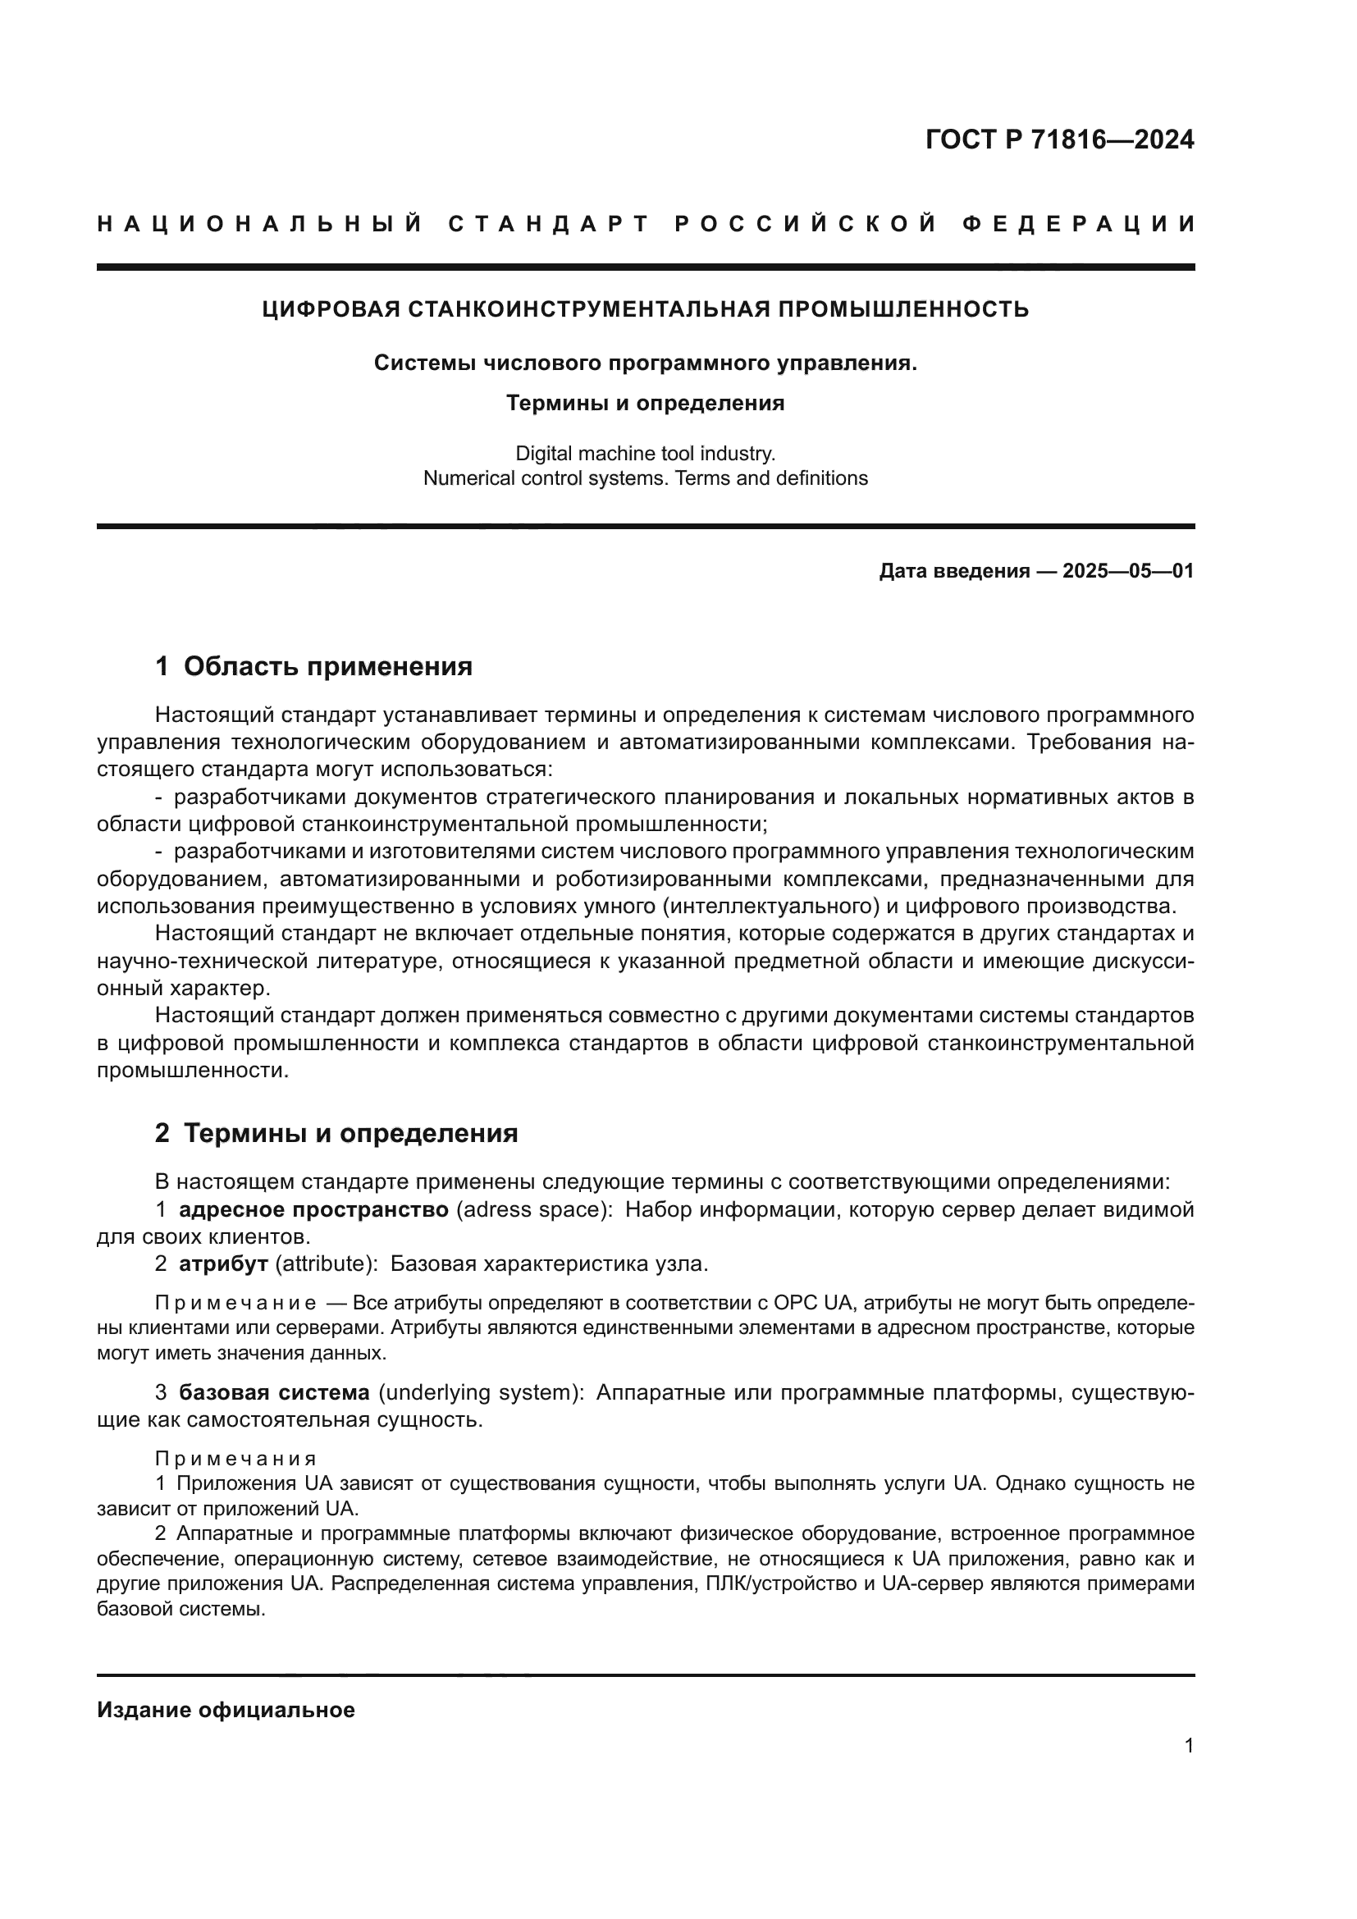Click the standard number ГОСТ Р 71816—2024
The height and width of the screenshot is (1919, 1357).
point(1058,139)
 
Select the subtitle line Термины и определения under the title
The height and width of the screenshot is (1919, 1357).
point(645,404)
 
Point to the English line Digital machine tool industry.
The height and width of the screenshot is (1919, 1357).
point(645,454)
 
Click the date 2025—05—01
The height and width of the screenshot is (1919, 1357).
point(1128,572)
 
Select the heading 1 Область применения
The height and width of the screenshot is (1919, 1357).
point(313,667)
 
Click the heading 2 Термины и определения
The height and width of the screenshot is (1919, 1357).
point(336,1134)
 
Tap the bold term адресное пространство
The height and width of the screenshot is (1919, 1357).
point(313,1210)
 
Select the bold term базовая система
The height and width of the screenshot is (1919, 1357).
point(274,1393)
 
